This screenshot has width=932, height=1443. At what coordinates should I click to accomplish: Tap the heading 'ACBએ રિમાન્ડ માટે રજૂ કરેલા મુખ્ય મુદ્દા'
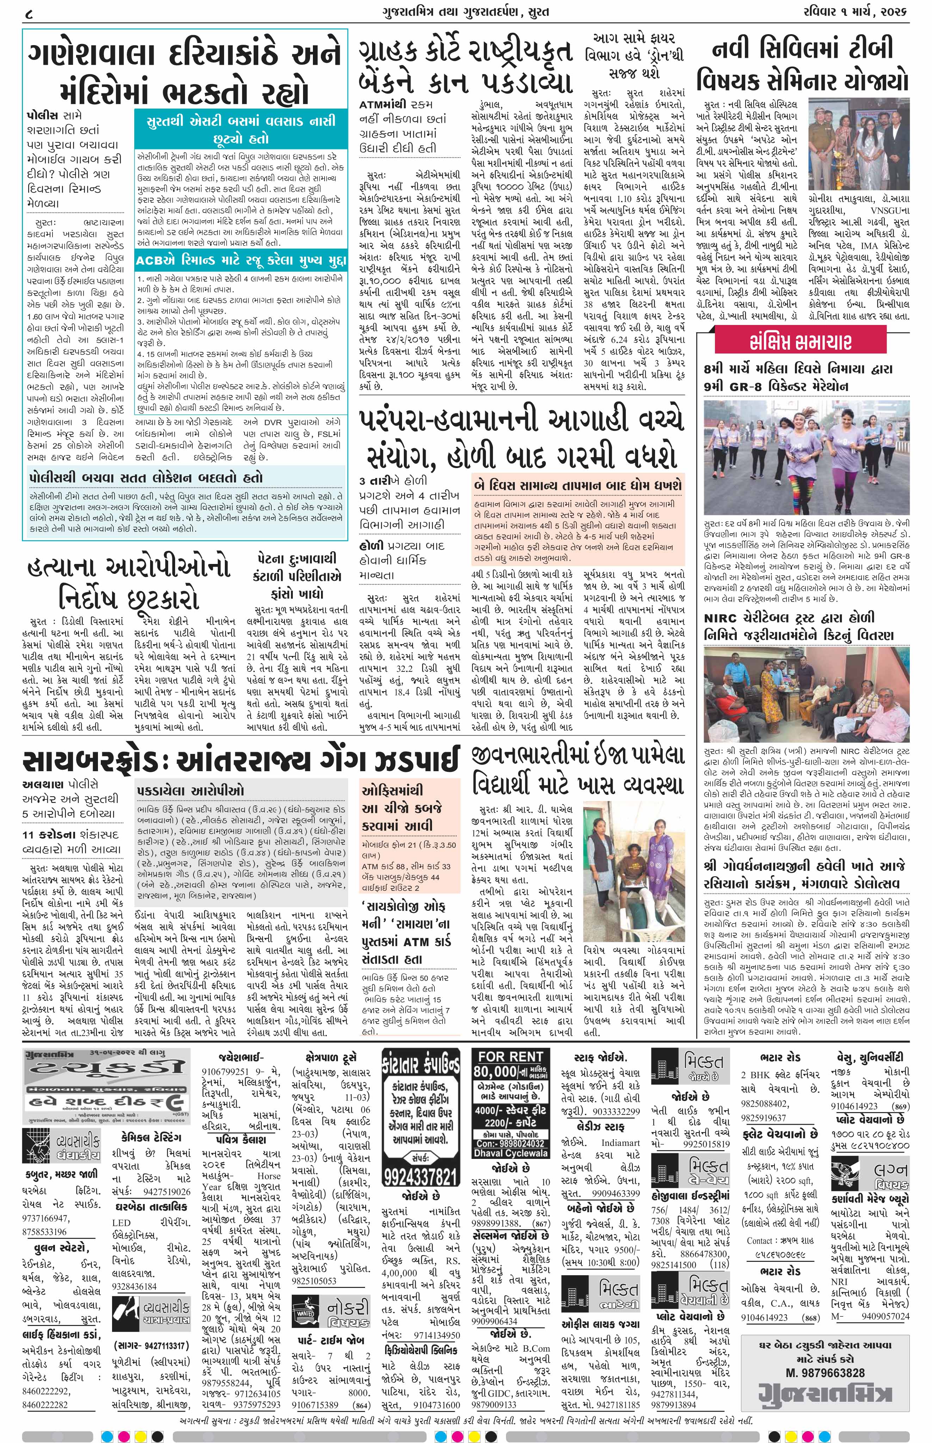tap(241, 260)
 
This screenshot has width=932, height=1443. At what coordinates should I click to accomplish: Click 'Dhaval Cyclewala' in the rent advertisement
tap(512, 1153)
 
